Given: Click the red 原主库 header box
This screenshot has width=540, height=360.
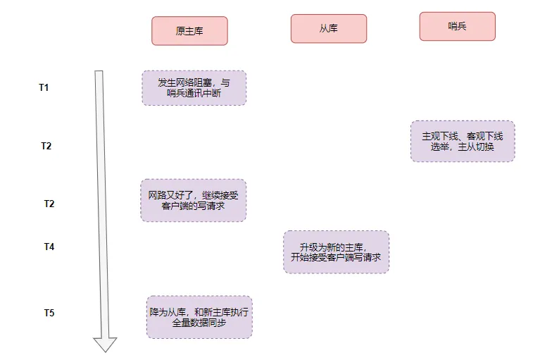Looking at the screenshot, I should pos(189,31).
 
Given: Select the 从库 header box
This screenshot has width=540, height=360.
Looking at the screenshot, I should pos(329,29).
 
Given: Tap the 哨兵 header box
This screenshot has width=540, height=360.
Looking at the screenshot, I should pos(458,26).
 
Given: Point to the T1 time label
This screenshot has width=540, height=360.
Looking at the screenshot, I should pos(44,87).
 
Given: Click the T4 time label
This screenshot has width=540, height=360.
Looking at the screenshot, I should pos(49,247).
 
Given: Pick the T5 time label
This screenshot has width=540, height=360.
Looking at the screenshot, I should pos(49,313).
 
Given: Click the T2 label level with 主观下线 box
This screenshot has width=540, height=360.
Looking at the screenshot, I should pos(46,146).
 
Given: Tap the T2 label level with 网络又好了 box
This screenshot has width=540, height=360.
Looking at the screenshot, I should pos(49,204).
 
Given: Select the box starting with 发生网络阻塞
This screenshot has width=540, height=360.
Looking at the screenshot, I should pos(194,88).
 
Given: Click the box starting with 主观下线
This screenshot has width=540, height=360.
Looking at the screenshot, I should pos(463,141).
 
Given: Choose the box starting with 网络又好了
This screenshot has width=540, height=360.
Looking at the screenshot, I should pos(194,200).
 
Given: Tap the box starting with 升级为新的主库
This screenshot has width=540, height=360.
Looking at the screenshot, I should pos(336,252).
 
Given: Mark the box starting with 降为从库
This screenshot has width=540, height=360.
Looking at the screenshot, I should pos(199,317).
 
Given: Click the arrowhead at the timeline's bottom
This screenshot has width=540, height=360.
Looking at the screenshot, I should pos(105,344).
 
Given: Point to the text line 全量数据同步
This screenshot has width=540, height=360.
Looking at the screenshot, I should pos(200,323).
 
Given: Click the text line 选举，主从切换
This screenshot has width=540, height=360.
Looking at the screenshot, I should pos(463,147).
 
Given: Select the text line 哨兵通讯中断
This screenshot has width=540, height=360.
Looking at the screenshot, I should pos(194,94).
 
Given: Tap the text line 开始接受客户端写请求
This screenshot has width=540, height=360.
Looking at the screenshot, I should pos(336,259).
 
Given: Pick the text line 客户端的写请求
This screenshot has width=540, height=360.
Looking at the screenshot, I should pos(194,207).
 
